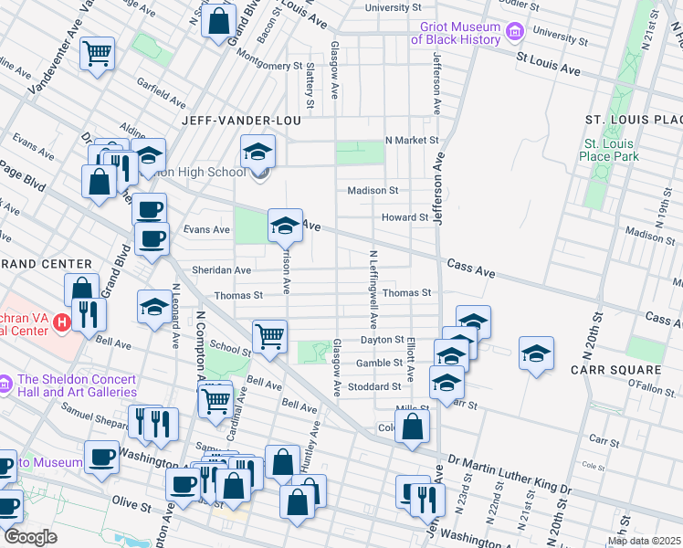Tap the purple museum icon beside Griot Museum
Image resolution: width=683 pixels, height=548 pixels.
514,33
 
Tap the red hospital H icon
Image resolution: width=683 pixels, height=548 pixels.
62,322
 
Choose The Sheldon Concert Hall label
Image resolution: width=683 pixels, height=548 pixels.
76,385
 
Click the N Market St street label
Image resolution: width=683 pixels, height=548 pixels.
412,141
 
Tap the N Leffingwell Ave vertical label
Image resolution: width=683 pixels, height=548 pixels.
373,290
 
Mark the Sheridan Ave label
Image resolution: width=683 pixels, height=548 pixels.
221,270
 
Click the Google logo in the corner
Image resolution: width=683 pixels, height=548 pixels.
30,537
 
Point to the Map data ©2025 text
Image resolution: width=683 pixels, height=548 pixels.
644,541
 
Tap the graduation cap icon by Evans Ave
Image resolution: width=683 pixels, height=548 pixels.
284,225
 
